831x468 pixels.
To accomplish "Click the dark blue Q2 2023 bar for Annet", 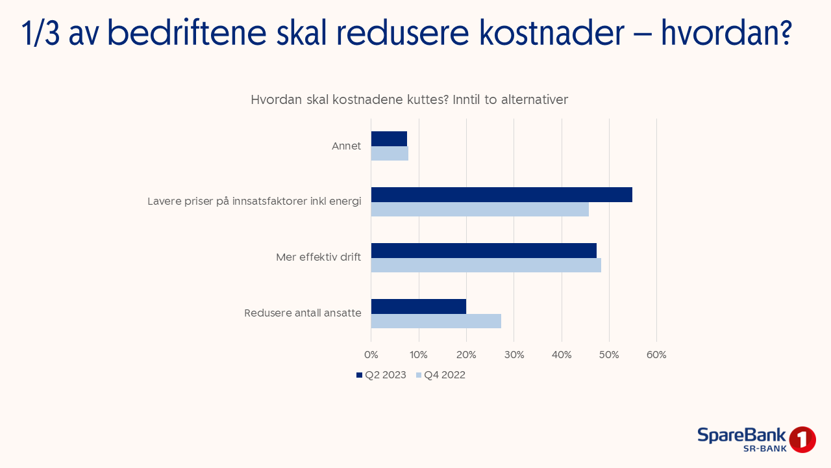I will click(389, 138).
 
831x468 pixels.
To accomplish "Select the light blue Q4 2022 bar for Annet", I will click(390, 153).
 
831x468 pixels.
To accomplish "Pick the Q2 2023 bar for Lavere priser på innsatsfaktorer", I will click(501, 194).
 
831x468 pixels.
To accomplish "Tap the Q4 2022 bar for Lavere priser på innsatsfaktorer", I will click(480, 209).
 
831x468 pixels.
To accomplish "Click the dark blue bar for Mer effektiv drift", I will click(484, 250).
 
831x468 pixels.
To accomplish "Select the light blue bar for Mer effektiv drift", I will click(486, 265).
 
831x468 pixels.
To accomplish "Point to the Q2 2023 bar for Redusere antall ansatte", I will click(419, 306).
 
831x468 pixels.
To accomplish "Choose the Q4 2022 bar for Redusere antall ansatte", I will click(436, 321).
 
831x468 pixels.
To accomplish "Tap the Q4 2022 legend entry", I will click(441, 375).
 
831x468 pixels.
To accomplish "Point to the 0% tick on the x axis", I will click(371, 355).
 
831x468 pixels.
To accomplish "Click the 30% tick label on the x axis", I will click(514, 355).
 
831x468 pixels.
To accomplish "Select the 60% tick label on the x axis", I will click(656, 355).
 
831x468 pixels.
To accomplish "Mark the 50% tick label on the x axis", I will click(609, 355).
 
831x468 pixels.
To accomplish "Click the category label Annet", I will click(346, 146).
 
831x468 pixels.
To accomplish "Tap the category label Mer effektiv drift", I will click(318, 257).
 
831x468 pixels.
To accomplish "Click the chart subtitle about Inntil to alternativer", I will click(409, 100).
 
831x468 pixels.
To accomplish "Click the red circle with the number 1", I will click(802, 440).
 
